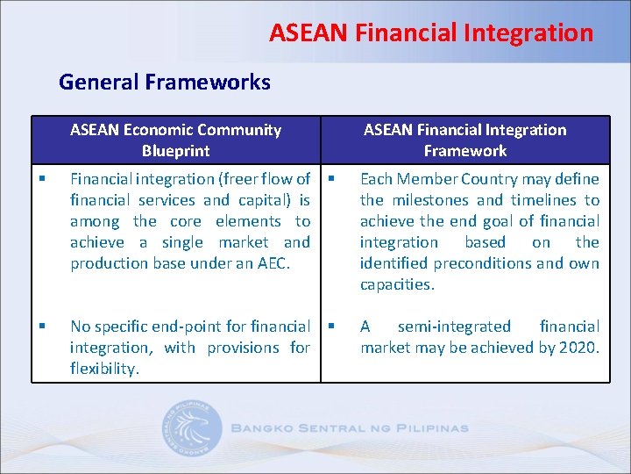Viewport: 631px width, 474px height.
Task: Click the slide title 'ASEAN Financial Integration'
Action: tap(431, 33)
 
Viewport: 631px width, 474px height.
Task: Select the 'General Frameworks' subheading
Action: tap(165, 83)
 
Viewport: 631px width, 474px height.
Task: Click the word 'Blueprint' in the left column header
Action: tap(176, 151)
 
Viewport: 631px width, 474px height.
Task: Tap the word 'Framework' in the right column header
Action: tap(465, 151)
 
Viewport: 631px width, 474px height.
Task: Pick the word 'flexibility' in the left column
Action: tap(103, 369)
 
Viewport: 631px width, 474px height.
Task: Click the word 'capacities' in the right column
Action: tap(396, 284)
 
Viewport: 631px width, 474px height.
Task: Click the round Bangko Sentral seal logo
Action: tap(191, 428)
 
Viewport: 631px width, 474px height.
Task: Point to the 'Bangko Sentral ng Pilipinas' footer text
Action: tap(350, 428)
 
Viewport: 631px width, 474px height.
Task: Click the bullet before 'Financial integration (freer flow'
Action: tap(42, 179)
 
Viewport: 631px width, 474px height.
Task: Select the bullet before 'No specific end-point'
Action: tap(42, 327)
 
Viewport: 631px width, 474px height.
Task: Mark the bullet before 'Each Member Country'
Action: tap(331, 179)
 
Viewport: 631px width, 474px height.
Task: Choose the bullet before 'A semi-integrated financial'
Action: tap(331, 327)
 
